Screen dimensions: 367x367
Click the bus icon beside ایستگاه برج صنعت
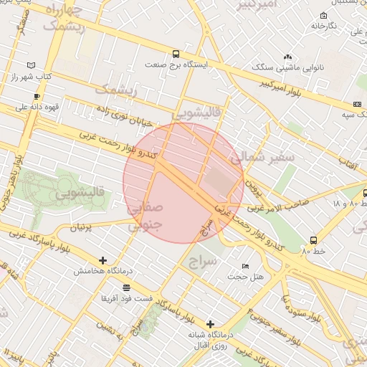pyautogui.click(x=176, y=54)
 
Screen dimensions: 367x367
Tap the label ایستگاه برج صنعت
pyautogui.click(x=176, y=65)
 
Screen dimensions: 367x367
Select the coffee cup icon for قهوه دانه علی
pyautogui.click(x=37, y=96)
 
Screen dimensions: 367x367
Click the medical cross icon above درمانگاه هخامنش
pyautogui.click(x=103, y=260)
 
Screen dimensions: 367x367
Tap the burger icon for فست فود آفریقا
pyautogui.click(x=127, y=287)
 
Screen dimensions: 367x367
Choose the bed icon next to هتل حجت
pyautogui.click(x=246, y=266)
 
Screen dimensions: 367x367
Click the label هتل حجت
pyautogui.click(x=245, y=277)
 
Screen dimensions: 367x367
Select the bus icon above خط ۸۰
pyautogui.click(x=314, y=240)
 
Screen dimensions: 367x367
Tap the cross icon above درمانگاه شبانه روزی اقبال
pyautogui.click(x=210, y=324)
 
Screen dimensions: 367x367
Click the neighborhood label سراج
pyautogui.click(x=202, y=262)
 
